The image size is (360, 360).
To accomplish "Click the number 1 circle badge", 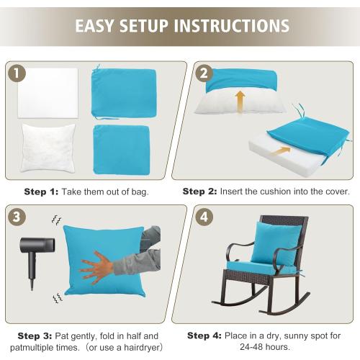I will pos(18,73).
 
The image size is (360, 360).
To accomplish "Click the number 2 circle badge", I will pos(204,73).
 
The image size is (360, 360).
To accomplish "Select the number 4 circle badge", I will pos(204,217).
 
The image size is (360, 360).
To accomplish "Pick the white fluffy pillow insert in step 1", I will pos(48,148).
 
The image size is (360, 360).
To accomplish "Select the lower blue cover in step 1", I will pos(121,149).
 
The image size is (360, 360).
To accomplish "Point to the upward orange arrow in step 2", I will pos(240,101).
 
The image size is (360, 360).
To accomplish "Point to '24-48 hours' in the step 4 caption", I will pos(262,347).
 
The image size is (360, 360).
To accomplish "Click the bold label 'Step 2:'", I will pos(203,192).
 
